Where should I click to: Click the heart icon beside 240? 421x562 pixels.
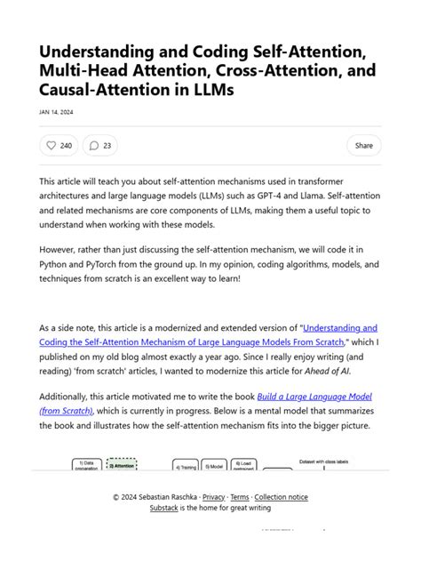(51, 145)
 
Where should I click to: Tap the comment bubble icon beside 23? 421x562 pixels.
(94, 145)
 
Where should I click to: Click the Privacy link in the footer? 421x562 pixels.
(213, 497)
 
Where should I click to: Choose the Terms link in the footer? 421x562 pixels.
(240, 497)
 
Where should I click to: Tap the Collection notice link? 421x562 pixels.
(282, 497)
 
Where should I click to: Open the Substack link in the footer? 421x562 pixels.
(163, 508)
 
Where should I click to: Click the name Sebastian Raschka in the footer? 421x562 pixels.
(164, 497)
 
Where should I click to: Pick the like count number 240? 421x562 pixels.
(67, 145)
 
